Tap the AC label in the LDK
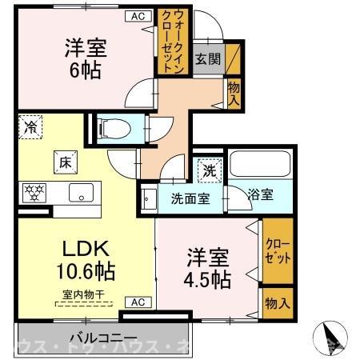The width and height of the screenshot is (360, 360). point(137,302)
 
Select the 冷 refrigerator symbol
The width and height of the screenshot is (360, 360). point(30,126)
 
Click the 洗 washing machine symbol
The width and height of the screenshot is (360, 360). point(208,169)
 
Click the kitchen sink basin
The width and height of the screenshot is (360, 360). point(82,192)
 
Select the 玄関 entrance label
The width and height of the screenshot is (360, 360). point(208,58)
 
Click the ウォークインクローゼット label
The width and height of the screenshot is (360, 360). point(177,41)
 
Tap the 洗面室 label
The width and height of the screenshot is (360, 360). point(190,198)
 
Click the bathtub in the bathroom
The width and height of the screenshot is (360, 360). point(258,166)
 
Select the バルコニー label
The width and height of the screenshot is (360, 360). point(102,337)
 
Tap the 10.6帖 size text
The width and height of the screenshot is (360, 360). point(83,271)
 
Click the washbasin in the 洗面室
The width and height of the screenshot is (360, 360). point(147,199)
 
